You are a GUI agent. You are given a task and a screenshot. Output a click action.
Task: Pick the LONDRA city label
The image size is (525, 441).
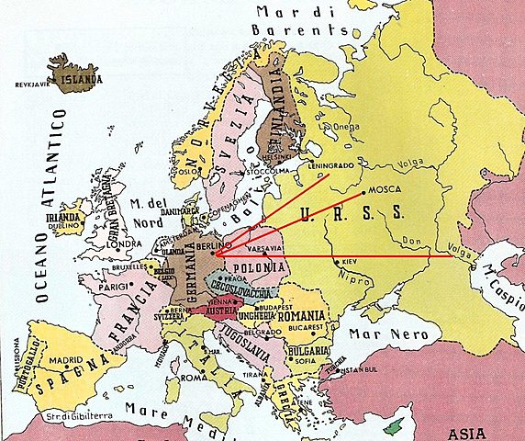(x=123, y=244)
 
